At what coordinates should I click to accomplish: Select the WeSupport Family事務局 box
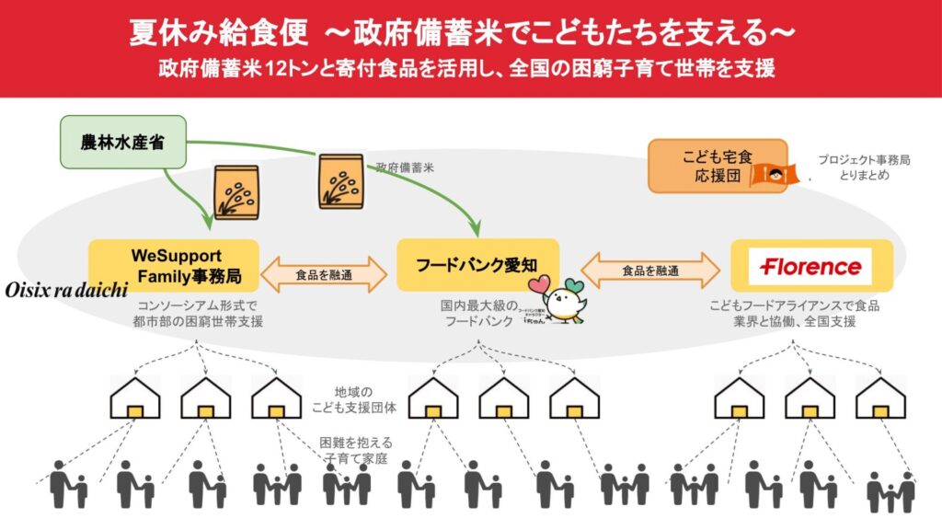coord(174,265)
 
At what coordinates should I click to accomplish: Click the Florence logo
coord(811,267)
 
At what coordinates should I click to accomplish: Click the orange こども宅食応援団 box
coord(705,166)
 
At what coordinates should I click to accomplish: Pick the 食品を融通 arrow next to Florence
coord(650,271)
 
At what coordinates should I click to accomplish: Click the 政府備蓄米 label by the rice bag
coord(404,168)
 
